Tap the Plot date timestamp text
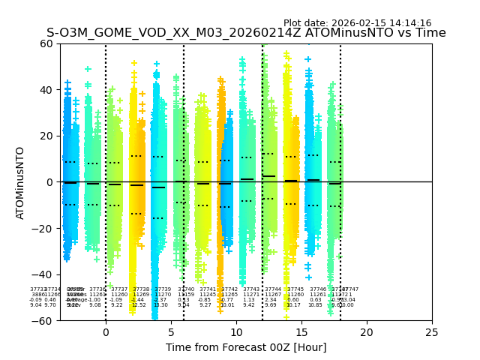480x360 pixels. point(357,23)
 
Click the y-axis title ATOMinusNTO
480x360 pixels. point(21,182)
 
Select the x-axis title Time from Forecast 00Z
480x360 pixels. point(246,347)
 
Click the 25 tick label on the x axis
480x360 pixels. point(432,332)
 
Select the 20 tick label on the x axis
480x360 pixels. point(367,332)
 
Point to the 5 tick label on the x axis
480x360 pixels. point(171,332)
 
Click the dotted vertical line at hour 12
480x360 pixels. point(262,150)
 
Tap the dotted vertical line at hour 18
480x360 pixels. point(340,150)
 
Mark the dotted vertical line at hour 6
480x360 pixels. point(184,150)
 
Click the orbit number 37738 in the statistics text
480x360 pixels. point(141,289)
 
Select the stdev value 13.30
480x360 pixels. point(160,305)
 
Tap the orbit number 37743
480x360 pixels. point(250,289)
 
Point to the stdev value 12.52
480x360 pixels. point(139,305)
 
